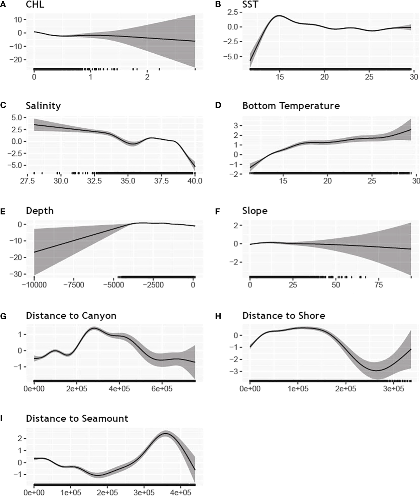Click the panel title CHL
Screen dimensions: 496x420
point(35,5)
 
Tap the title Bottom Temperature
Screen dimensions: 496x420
point(291,106)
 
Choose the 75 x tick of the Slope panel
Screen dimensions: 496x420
point(379,285)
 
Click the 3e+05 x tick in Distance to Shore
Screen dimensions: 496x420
point(393,389)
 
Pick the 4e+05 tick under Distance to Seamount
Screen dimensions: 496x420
point(180,493)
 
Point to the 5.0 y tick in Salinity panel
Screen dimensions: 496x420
point(17,118)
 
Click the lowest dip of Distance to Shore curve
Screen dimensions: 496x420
point(377,371)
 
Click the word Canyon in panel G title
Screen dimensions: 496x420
point(99,316)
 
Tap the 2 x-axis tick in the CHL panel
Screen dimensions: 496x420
point(147,77)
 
